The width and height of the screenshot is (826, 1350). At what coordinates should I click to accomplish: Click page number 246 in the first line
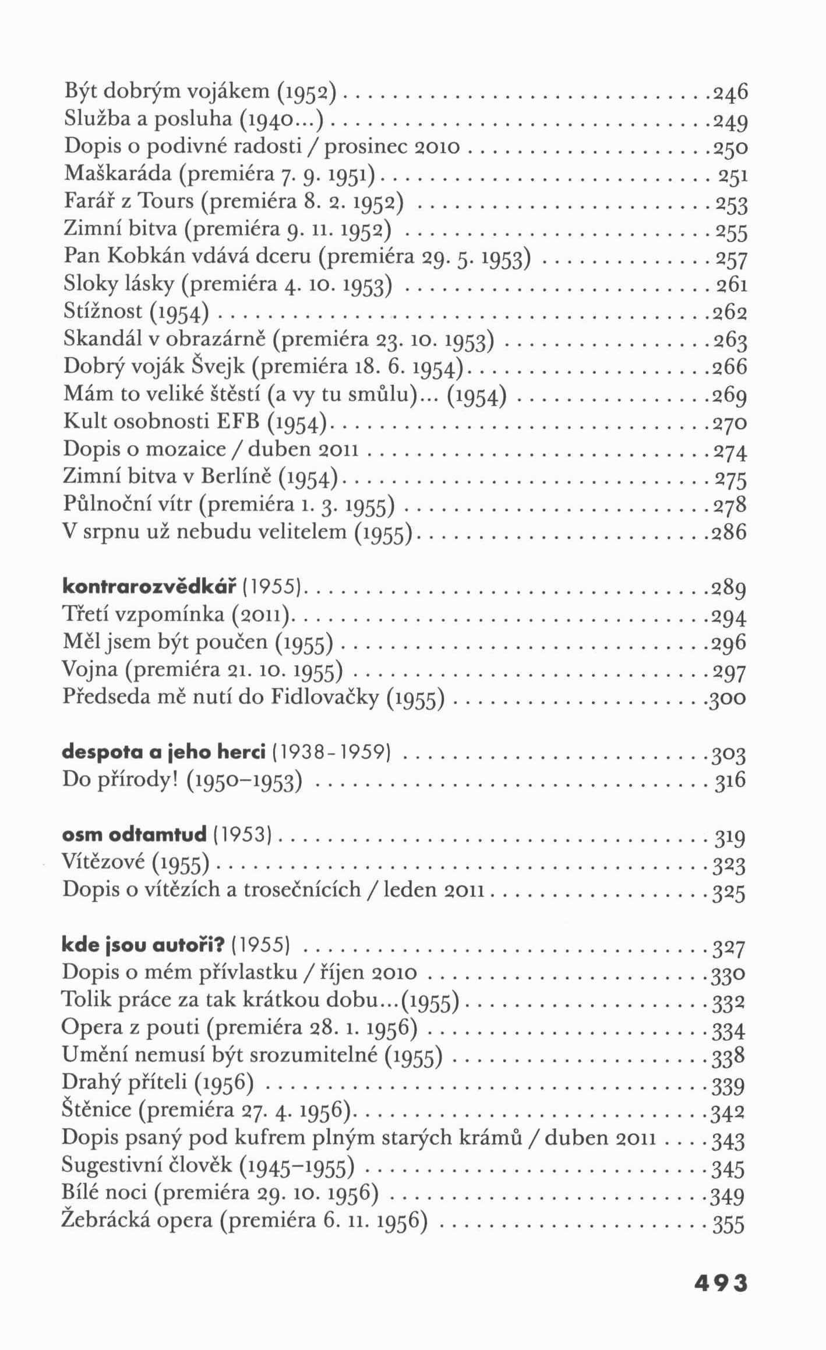click(x=730, y=93)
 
